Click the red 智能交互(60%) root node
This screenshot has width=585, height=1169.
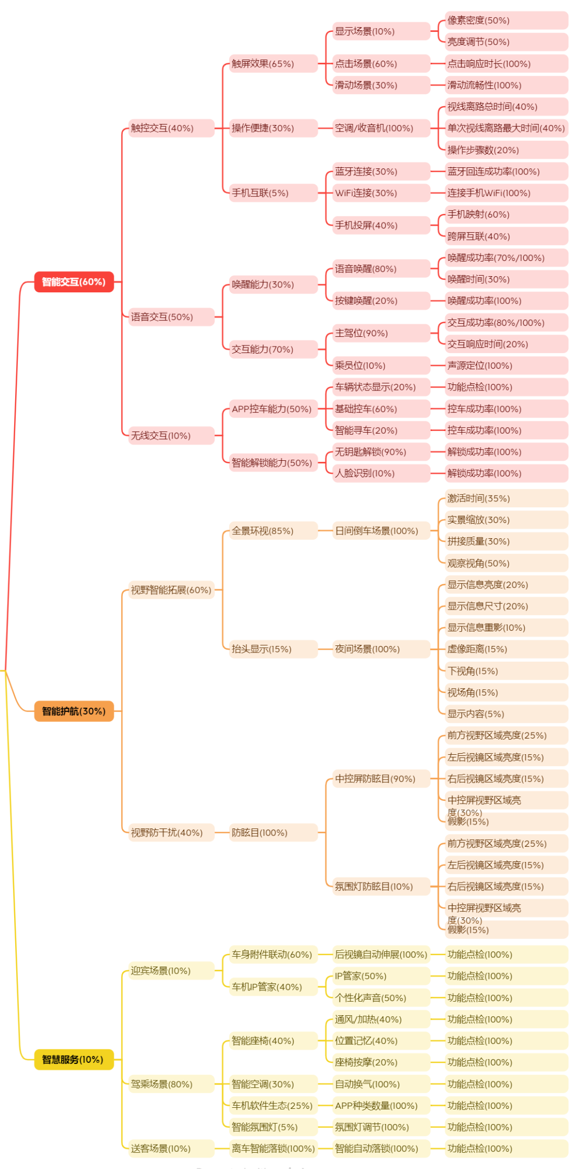[x=74, y=282]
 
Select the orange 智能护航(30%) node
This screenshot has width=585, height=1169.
[x=74, y=711]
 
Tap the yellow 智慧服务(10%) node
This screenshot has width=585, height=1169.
[x=74, y=1060]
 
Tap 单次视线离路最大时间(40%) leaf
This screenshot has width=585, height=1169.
[x=506, y=128]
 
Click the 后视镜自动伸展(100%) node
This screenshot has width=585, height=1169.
[x=381, y=955]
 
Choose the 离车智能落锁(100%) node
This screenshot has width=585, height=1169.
[x=272, y=1148]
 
